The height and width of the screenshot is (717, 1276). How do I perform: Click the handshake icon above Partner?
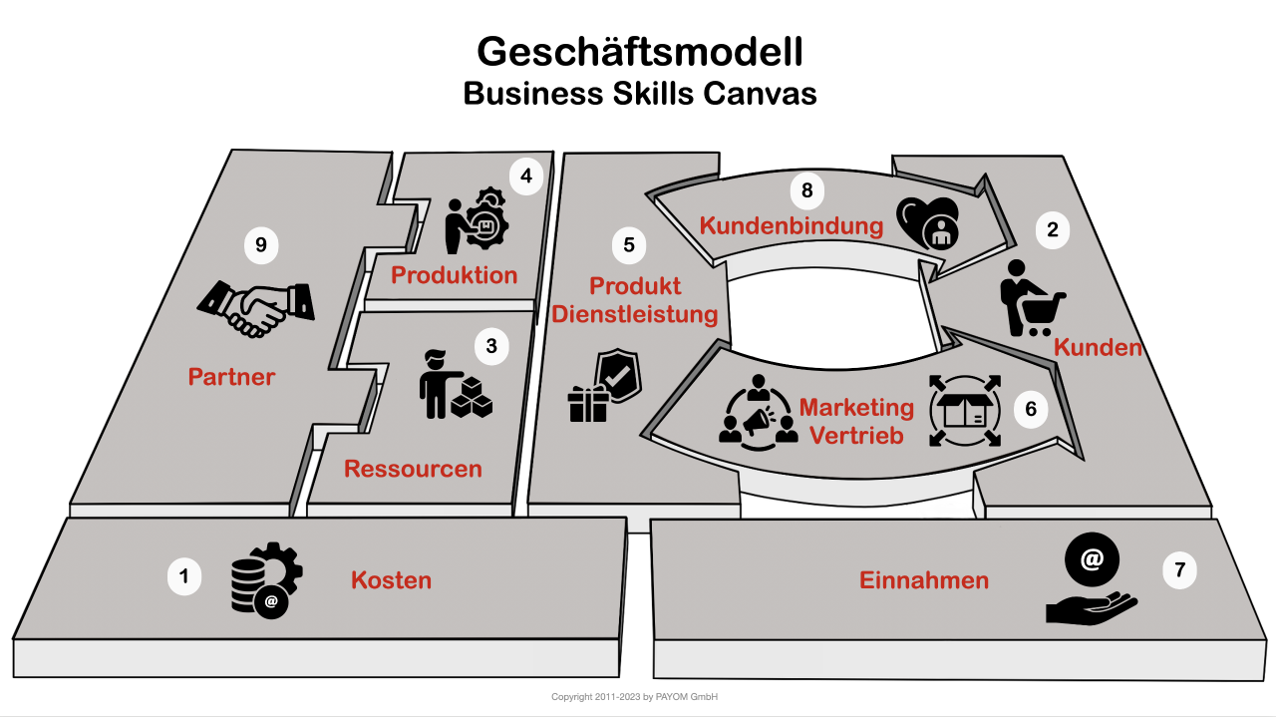pyautogui.click(x=257, y=305)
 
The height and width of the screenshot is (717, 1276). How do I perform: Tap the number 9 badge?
pyautogui.click(x=261, y=245)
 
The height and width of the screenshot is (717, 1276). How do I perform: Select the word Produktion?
pyautogui.click(x=454, y=275)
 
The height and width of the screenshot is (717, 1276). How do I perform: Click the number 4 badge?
pyautogui.click(x=525, y=178)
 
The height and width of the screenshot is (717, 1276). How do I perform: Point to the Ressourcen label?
pyautogui.click(x=413, y=469)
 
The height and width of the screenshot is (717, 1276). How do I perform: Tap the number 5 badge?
pyautogui.click(x=628, y=244)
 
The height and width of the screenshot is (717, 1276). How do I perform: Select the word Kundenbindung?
pyautogui.click(x=792, y=226)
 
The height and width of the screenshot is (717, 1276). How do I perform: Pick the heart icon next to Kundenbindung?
pyautogui.click(x=928, y=220)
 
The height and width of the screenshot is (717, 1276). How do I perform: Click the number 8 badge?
pyautogui.click(x=807, y=189)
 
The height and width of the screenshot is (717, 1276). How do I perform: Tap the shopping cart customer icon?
pyautogui.click(x=1031, y=298)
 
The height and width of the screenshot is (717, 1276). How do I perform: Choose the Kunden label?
pyautogui.click(x=1098, y=348)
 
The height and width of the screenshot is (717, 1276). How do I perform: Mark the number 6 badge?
pyautogui.click(x=1031, y=409)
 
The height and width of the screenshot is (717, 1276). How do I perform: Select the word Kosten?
pyautogui.click(x=391, y=580)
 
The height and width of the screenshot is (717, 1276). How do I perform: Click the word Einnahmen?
pyautogui.click(x=924, y=580)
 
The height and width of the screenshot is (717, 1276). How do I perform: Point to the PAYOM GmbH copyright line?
pyautogui.click(x=635, y=697)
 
